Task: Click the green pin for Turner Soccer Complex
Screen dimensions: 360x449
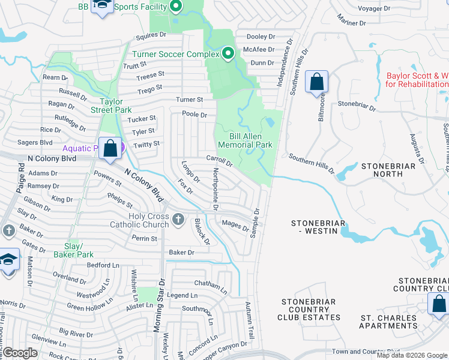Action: [x=228, y=54]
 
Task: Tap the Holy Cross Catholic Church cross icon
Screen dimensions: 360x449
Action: [x=178, y=220]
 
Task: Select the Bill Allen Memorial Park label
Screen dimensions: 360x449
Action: [x=245, y=140]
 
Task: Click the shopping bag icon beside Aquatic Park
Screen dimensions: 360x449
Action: [x=110, y=148]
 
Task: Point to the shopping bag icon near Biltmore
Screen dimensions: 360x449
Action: [x=316, y=82]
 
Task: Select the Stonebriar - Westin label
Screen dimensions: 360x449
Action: [x=318, y=227]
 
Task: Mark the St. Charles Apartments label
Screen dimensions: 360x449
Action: [x=388, y=322]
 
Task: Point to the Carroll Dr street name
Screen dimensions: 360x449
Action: [x=219, y=161]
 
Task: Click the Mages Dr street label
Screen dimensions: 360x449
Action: [x=235, y=226]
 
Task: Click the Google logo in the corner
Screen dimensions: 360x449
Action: [x=20, y=353]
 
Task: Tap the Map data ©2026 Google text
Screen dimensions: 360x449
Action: [x=412, y=356]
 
